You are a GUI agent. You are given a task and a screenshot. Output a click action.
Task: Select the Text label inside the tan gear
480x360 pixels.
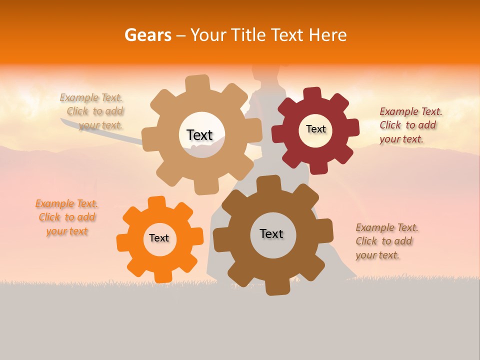point(199,135)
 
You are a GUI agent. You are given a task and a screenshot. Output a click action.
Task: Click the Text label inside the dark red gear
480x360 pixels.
point(315,129)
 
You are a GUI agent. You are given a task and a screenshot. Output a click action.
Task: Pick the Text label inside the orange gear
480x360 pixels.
point(159,238)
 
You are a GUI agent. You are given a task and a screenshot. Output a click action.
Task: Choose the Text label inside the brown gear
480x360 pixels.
point(271,233)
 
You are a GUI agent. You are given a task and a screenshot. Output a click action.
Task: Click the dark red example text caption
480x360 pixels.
point(410,125)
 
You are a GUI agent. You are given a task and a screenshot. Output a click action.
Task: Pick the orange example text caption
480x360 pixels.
point(66,217)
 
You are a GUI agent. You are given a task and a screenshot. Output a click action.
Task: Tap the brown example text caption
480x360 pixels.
point(386,241)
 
